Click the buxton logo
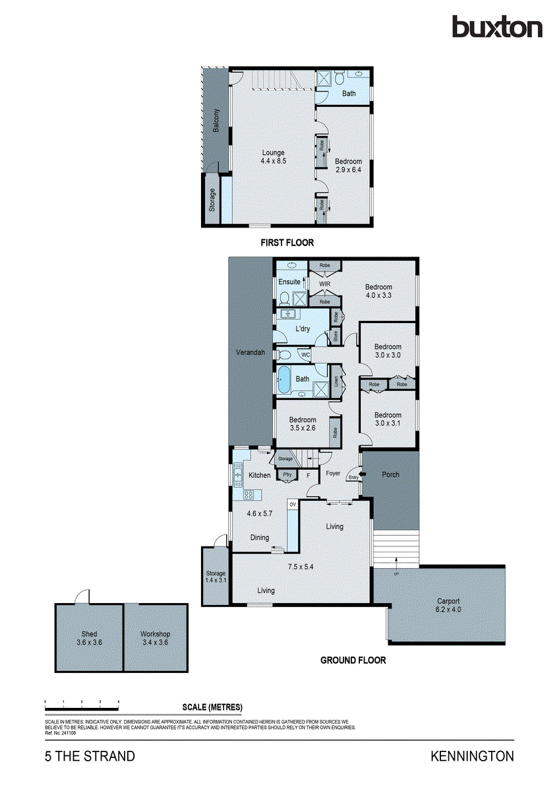496,27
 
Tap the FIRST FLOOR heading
287,243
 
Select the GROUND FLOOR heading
353,660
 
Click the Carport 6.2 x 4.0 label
448,605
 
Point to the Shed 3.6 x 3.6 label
89,637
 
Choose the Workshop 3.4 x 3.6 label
155,637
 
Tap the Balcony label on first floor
216,121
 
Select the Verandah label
250,353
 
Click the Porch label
390,475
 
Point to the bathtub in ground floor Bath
285,379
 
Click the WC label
305,355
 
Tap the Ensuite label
289,282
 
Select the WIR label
324,284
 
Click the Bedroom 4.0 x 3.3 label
379,291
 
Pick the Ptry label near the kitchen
287,475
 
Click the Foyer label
333,473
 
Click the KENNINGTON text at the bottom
472,756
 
